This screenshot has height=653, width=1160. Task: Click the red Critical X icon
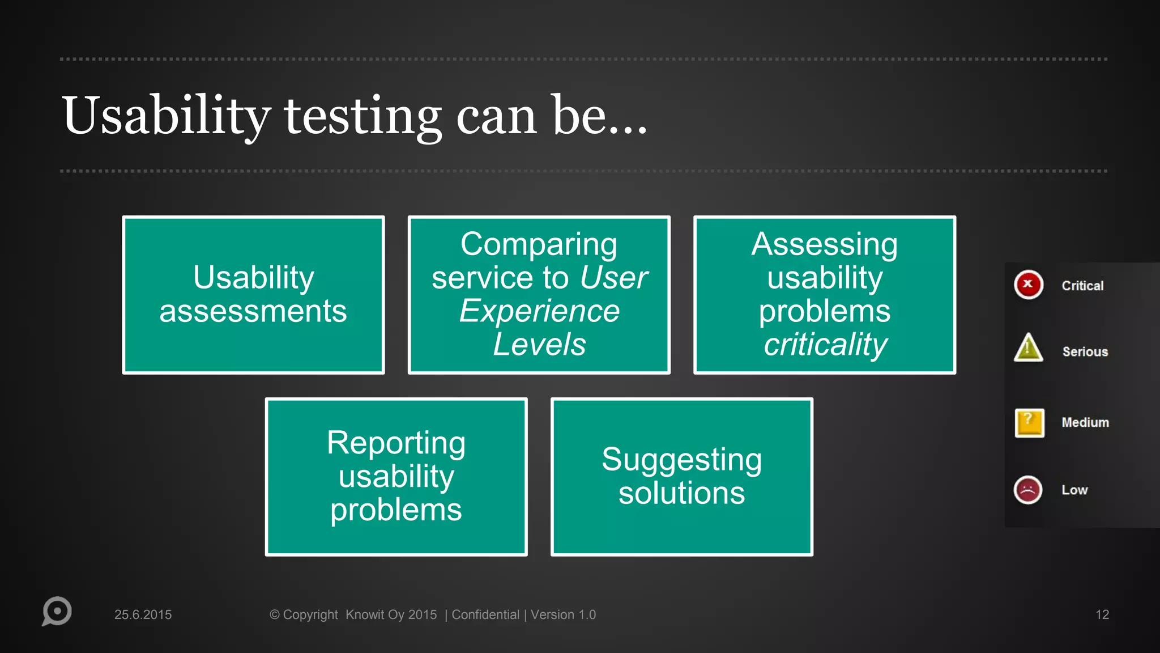coord(1028,285)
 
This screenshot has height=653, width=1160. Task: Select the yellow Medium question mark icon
coord(1029,423)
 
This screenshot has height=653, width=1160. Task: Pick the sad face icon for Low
coord(1027,490)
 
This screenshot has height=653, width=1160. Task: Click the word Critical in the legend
coord(1082,286)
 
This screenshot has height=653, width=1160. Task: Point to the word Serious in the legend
coord(1085,351)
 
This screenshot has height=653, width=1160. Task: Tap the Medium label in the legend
coord(1085,422)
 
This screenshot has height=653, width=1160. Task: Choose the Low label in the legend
coord(1074,490)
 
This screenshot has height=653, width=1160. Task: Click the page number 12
coord(1102,614)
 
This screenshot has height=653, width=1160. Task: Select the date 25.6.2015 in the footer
coord(143,614)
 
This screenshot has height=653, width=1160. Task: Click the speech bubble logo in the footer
coord(57,611)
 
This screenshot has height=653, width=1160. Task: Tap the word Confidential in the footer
coord(485,614)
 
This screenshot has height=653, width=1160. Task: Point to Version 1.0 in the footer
coord(563,614)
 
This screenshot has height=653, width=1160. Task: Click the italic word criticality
coord(825,344)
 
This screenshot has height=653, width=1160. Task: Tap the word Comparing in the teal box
coord(539,244)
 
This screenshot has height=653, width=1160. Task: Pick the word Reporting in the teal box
coord(396,443)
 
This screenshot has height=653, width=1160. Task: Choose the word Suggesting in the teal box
coord(681,460)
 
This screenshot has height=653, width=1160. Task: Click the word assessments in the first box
coord(253,311)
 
